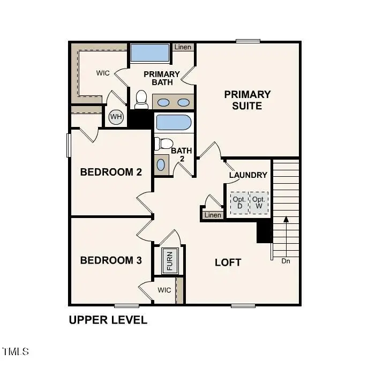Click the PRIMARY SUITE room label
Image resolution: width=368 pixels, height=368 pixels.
coord(247,100)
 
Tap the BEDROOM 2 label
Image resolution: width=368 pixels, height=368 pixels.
coord(111,172)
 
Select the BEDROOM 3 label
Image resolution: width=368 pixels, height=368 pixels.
coord(111,261)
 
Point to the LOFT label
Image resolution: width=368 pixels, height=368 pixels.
coord(228,262)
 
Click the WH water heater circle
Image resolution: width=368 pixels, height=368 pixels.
coord(115,117)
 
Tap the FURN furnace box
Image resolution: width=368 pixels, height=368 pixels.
coord(169,261)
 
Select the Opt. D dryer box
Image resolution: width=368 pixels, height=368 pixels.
coord(239,203)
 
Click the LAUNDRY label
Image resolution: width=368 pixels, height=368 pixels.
coord(248,175)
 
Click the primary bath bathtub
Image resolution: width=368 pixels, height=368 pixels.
coord(150,53)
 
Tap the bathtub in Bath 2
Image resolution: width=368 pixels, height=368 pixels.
coord(173,123)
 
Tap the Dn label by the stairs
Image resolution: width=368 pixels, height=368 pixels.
coord(286,261)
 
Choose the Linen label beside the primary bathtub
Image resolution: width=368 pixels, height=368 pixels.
coord(183,47)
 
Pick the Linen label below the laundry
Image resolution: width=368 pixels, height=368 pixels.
coord(213,215)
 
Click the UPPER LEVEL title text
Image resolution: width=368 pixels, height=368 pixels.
coord(108,320)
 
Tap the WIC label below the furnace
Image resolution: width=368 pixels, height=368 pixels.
coord(164,290)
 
